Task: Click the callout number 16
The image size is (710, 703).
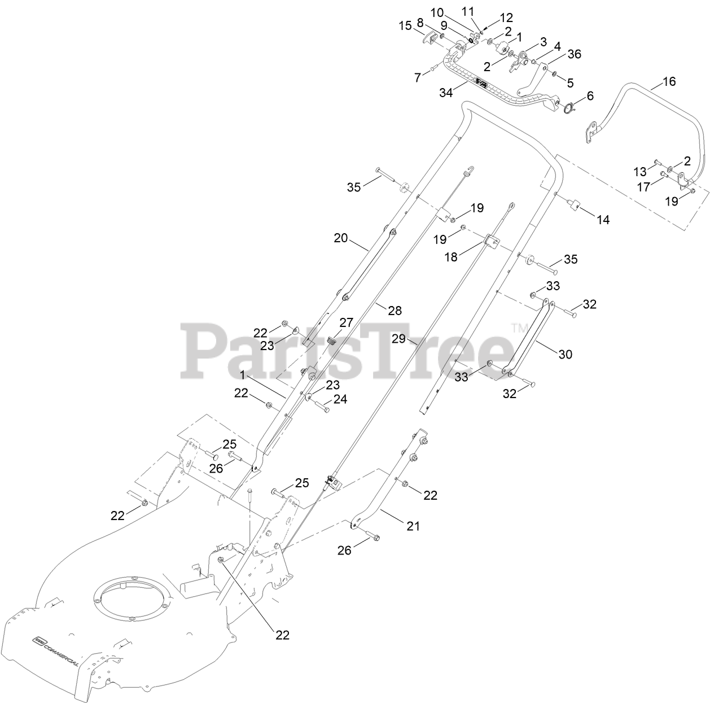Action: coord(669,82)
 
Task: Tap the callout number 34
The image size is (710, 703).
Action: coord(446,93)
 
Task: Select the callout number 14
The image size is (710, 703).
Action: coord(603,220)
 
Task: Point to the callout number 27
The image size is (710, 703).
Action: coord(346,322)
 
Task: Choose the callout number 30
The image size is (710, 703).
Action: coord(565,354)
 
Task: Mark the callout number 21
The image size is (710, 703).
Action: coord(414,526)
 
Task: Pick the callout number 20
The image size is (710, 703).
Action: coord(340,238)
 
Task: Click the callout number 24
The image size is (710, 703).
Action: coord(340,399)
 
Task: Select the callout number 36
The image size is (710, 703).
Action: coord(574,54)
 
